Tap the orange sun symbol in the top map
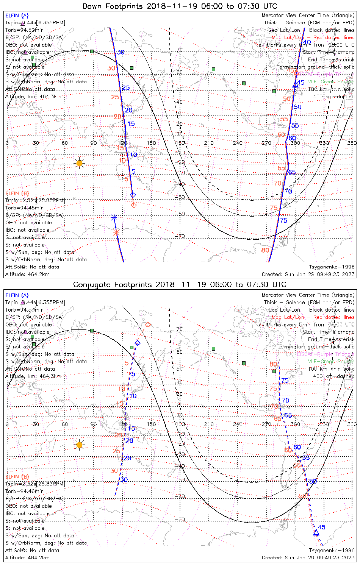point(79,163)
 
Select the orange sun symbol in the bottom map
point(79,445)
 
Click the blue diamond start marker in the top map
point(133,195)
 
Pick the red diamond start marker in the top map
point(133,205)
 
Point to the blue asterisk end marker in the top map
point(114,217)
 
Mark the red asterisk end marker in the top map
point(116,232)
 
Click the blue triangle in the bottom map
point(316,533)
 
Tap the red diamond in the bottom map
point(148,325)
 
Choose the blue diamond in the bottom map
point(138,343)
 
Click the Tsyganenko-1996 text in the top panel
point(332,267)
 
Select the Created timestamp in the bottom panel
point(308,558)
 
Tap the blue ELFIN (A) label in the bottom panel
point(17,295)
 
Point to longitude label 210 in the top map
point(209,143)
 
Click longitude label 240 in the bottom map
point(238,424)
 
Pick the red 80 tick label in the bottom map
point(273,364)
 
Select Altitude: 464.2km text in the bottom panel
point(27,558)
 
